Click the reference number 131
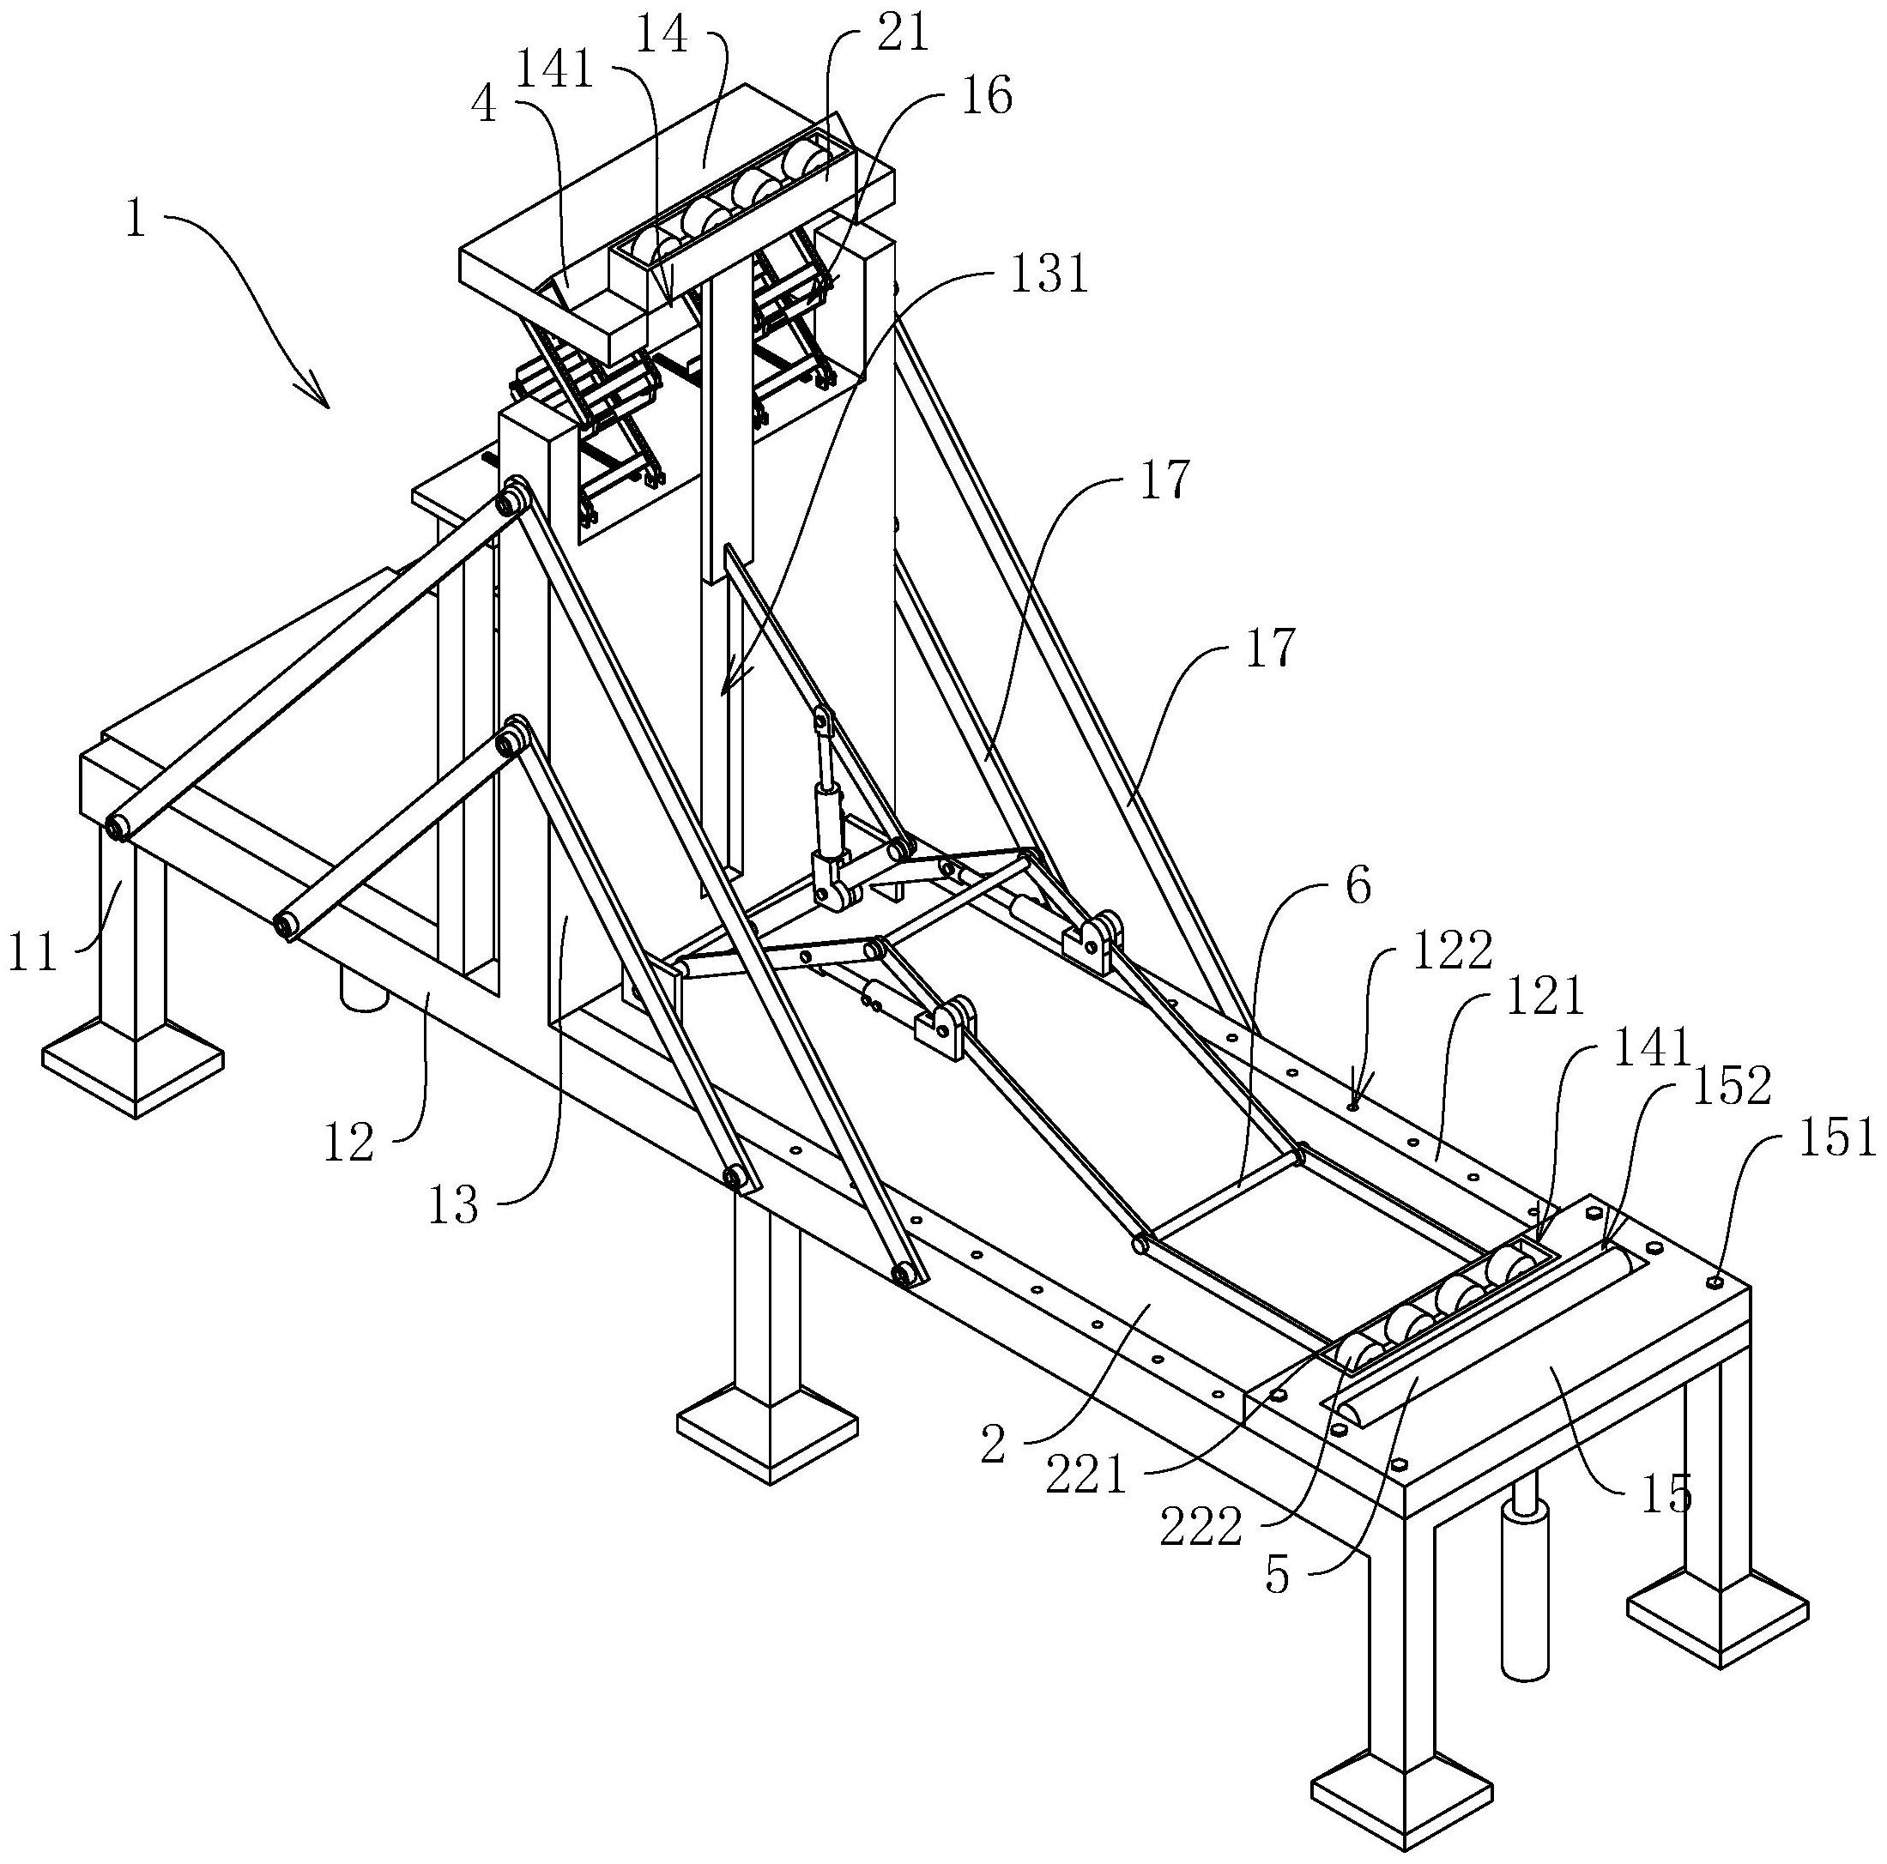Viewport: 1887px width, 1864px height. (x=1047, y=275)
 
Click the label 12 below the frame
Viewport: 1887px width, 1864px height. (x=348, y=1141)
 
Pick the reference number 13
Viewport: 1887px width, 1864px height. (x=453, y=1206)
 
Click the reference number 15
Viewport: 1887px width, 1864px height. (x=1666, y=1495)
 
